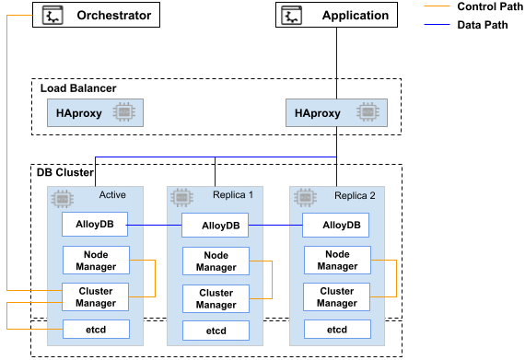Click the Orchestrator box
pyautogui.click(x=96, y=15)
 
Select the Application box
pyautogui.click(x=336, y=15)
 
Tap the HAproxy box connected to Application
pyautogui.click(x=336, y=112)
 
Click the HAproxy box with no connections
pyautogui.click(x=95, y=112)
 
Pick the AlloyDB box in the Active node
pyautogui.click(x=95, y=224)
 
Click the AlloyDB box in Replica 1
pyautogui.click(x=215, y=226)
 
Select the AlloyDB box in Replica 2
pyautogui.click(x=336, y=225)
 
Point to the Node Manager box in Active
pyautogui.click(x=96, y=261)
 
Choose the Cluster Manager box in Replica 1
pyautogui.click(x=216, y=299)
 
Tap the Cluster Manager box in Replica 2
pyautogui.click(x=336, y=297)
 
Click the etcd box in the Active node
pyautogui.click(x=96, y=330)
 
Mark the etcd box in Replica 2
pyautogui.click(x=337, y=330)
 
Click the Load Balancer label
pyautogui.click(x=78, y=88)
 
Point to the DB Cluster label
pyautogui.click(x=65, y=172)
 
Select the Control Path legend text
pyautogui.click(x=490, y=6)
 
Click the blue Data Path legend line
pyautogui.click(x=437, y=25)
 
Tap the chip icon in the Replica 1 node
pyautogui.click(x=181, y=197)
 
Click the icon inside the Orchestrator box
pyautogui.click(x=52, y=15)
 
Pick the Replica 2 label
pyautogui.click(x=355, y=196)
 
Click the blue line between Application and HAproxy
pyautogui.click(x=336, y=63)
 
